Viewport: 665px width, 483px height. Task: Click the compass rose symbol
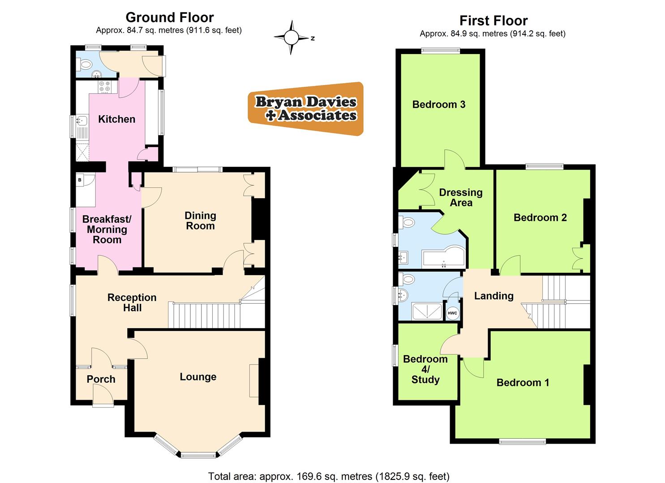pos(291,38)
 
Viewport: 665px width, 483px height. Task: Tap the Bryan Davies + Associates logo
pos(306,109)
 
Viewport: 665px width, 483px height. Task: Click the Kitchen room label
pos(116,119)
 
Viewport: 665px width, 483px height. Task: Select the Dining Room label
pos(200,221)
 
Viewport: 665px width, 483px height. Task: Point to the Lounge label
pos(198,377)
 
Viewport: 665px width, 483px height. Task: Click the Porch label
pos(101,379)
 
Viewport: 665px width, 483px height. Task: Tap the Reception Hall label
pos(132,303)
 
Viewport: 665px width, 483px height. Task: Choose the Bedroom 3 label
pos(438,105)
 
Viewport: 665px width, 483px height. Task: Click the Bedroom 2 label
pos(540,218)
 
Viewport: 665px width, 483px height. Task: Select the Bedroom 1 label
pos(523,383)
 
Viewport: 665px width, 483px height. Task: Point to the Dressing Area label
pos(461,198)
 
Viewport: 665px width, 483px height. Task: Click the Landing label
pos(493,296)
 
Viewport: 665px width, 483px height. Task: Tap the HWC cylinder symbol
pos(452,313)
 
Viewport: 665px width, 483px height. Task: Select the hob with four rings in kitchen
pos(104,86)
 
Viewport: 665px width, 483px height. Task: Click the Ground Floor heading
pos(169,17)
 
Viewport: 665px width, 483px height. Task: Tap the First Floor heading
pos(493,21)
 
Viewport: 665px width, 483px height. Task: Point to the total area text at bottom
pos(329,476)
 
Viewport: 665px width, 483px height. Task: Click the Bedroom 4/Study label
pos(425,369)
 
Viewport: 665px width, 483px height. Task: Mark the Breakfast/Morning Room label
pos(107,229)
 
